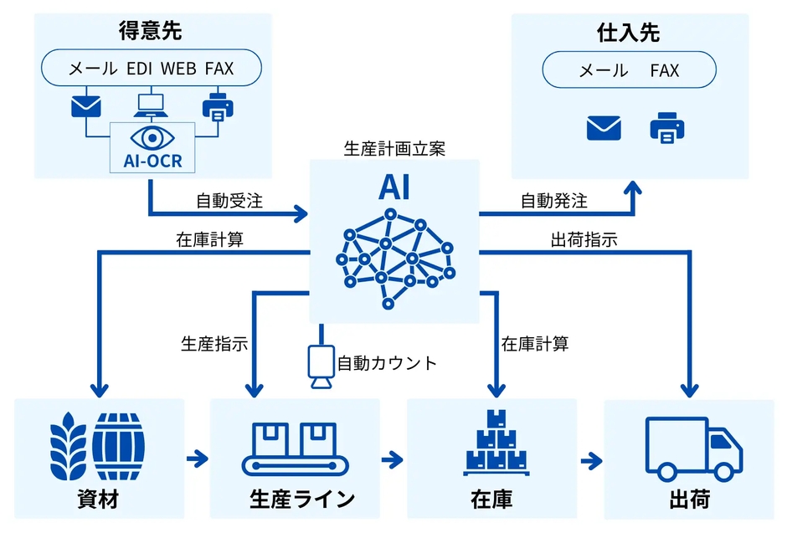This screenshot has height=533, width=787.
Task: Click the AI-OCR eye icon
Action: [152, 136]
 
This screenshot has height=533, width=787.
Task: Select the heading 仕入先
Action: [629, 33]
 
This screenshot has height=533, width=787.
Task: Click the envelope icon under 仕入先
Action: [604, 128]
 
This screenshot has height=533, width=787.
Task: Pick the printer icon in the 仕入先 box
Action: [667, 128]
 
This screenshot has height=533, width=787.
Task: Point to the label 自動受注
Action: [229, 201]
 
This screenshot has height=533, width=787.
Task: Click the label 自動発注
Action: [553, 201]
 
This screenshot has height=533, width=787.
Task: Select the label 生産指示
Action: [214, 343]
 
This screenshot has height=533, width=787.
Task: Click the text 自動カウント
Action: [387, 363]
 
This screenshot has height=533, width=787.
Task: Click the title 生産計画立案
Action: [394, 148]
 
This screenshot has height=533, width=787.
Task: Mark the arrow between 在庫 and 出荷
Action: [591, 460]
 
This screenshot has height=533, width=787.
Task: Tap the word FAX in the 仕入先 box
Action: [665, 70]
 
